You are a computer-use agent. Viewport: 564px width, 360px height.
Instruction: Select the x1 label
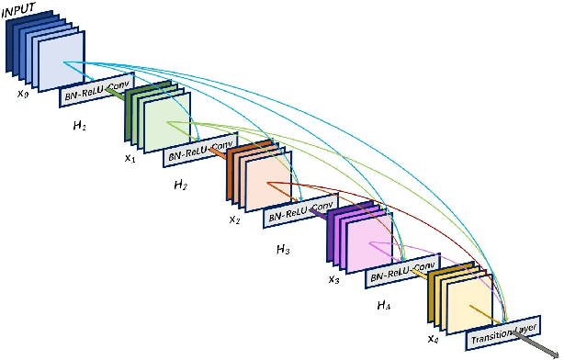pyautogui.click(x=130, y=157)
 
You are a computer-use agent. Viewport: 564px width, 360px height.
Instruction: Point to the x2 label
pyautogui.click(x=235, y=219)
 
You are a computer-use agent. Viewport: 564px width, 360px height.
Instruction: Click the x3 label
pyautogui.click(x=334, y=279)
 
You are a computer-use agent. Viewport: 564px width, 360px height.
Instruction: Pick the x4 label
pyautogui.click(x=434, y=338)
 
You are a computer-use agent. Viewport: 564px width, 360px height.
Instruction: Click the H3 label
pyautogui.click(x=284, y=249)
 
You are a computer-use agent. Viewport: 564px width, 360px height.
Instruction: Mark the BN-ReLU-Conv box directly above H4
pyautogui.click(x=400, y=274)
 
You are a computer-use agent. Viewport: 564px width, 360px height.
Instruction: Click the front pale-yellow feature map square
pyautogui.click(x=469, y=298)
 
